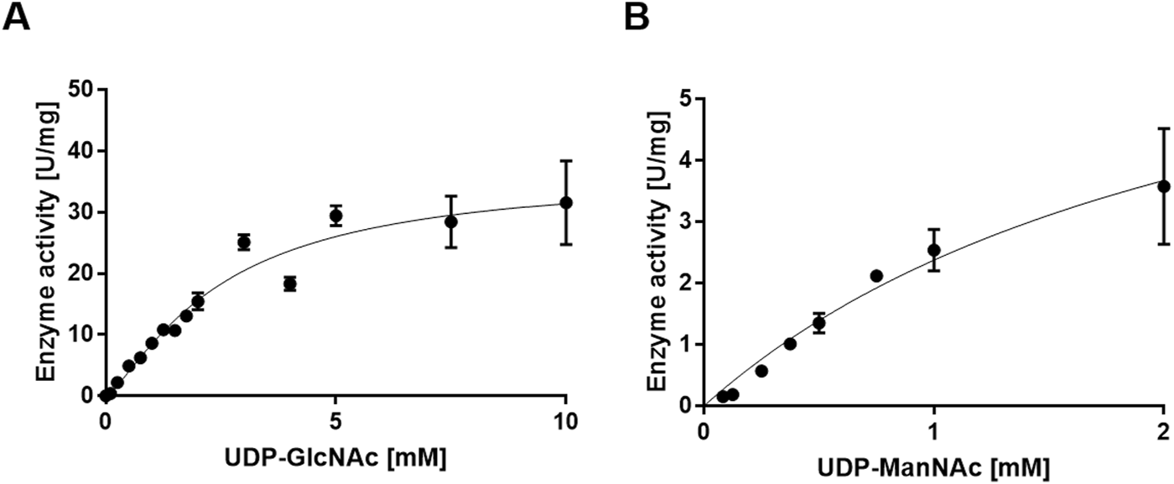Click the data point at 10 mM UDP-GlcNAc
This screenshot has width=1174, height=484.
pos(566,202)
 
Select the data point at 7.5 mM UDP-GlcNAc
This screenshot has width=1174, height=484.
pos(451,221)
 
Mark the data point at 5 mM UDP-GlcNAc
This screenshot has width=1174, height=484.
pos(336,216)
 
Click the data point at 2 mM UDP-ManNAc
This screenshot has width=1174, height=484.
pos(1163,186)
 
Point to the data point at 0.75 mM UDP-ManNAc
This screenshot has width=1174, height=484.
pos(877,276)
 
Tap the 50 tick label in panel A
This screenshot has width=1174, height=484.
pos(81,90)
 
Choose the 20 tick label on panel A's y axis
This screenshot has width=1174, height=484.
pos(81,273)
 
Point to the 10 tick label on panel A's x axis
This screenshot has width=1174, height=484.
pos(566,421)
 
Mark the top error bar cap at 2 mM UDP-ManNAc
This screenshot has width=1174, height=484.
pos(1163,128)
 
